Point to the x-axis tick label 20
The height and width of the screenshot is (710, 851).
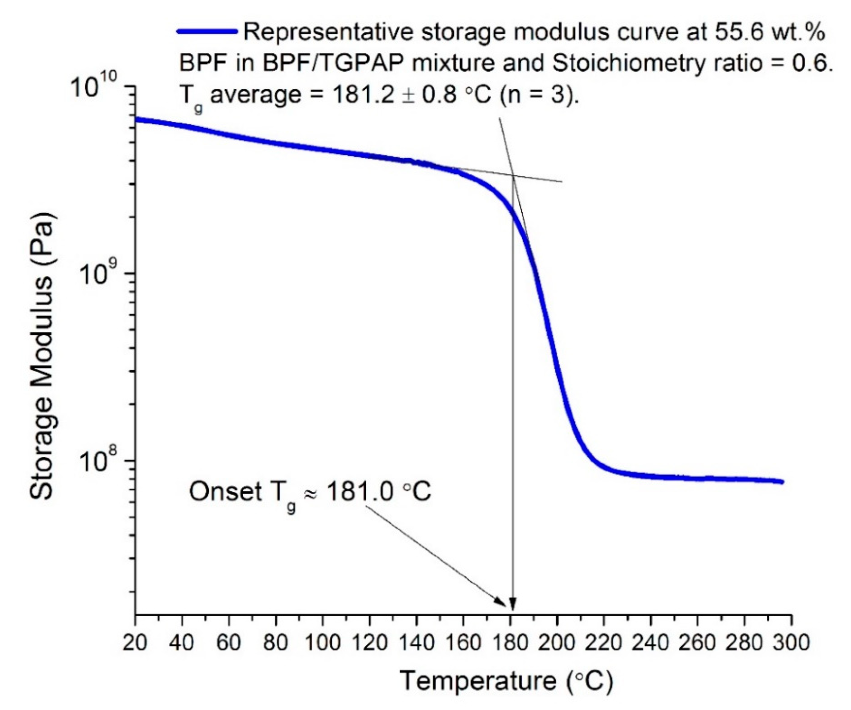pyautogui.click(x=135, y=643)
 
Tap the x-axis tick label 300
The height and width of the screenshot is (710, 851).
pyautogui.click(x=791, y=643)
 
